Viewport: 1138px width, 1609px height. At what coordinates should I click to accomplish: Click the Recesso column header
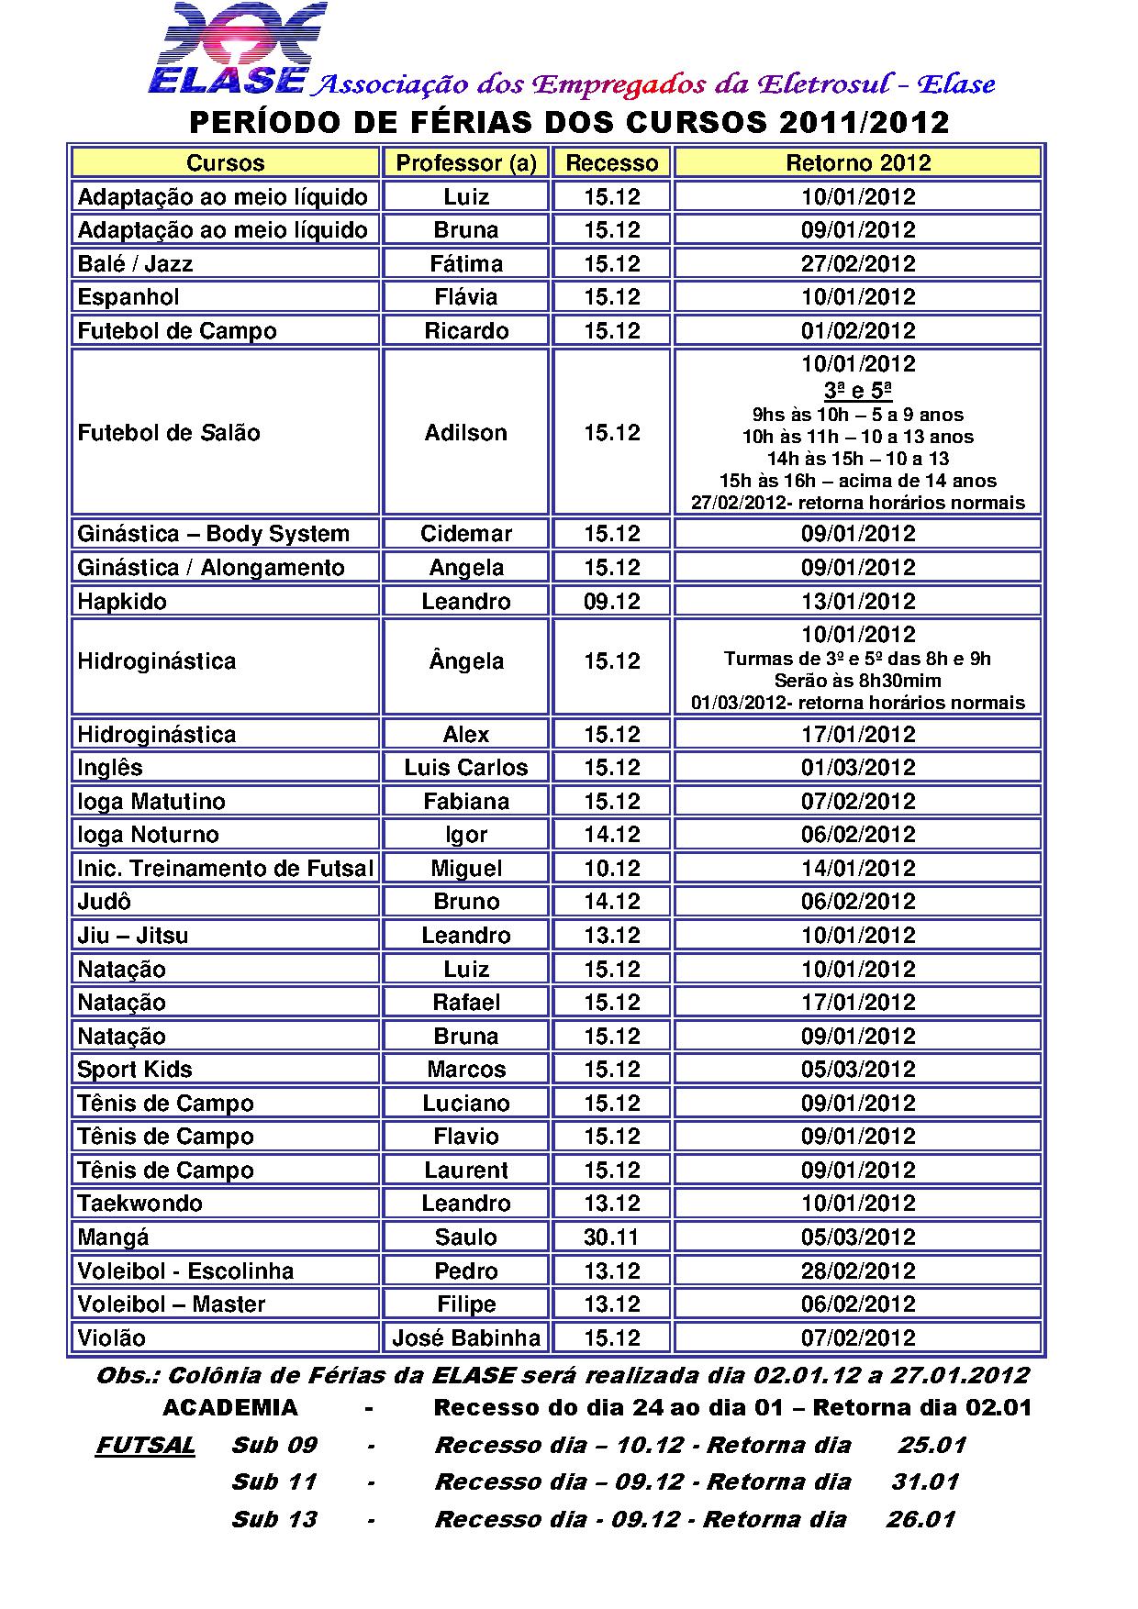click(x=612, y=163)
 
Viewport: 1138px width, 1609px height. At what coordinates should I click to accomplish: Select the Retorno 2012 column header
click(x=858, y=163)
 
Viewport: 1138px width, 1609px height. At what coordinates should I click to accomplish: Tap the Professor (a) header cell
click(x=466, y=163)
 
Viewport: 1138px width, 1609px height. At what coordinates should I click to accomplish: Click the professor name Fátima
click(x=466, y=264)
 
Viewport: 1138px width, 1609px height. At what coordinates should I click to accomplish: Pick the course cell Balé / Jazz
click(x=136, y=264)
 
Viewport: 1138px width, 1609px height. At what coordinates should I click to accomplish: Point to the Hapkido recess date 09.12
click(x=612, y=601)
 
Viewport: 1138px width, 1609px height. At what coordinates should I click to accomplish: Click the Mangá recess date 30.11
click(x=612, y=1237)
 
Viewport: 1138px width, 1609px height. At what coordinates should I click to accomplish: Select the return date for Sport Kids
click(x=858, y=1069)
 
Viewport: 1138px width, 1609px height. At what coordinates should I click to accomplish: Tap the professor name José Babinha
click(x=466, y=1337)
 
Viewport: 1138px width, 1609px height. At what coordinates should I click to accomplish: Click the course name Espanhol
click(x=128, y=297)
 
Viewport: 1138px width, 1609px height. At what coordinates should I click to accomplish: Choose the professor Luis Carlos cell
click(x=466, y=767)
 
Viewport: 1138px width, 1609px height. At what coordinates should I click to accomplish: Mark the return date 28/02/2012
click(x=858, y=1271)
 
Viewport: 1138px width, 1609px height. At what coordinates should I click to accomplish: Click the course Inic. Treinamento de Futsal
click(x=226, y=868)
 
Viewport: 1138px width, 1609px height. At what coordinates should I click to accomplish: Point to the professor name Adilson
click(x=466, y=432)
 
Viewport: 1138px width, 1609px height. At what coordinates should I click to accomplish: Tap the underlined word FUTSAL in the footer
click(x=146, y=1445)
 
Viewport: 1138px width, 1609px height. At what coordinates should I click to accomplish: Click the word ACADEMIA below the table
click(x=230, y=1407)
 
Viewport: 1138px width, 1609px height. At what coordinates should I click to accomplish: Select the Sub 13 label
click(x=274, y=1519)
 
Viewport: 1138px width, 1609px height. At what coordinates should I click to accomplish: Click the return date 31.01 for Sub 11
click(x=925, y=1481)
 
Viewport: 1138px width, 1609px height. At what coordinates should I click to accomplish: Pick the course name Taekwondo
click(x=140, y=1203)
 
